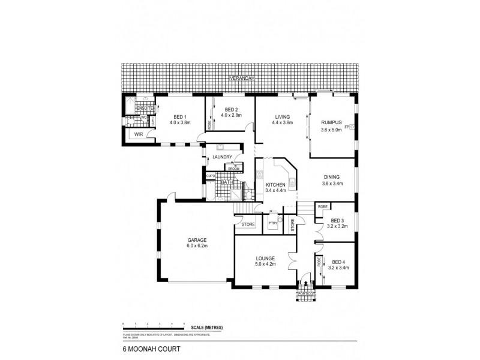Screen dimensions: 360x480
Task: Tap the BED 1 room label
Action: (x=181, y=117)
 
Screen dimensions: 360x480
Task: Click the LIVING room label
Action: (x=283, y=117)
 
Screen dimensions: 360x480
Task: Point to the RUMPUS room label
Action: (x=331, y=123)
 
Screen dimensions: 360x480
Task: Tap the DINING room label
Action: (x=331, y=177)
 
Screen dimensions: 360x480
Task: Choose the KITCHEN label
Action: (x=275, y=185)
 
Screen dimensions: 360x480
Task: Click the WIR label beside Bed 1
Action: (x=139, y=134)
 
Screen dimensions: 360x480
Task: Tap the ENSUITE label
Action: (x=145, y=107)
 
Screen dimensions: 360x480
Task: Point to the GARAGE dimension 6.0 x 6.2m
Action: (x=196, y=246)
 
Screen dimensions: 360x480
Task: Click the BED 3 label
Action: (x=337, y=221)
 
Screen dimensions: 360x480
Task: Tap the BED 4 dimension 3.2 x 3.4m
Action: (x=338, y=268)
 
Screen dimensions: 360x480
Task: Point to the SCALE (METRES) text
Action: (x=207, y=327)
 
